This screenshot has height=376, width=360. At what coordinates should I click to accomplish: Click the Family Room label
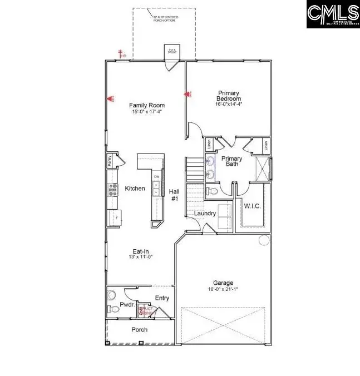click(x=147, y=105)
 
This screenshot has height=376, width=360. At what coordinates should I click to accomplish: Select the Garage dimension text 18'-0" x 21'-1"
click(x=223, y=289)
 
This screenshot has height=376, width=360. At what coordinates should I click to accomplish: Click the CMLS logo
click(x=333, y=14)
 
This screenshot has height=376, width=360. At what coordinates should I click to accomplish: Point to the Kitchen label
click(x=135, y=189)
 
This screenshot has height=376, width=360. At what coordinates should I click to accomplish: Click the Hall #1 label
click(x=174, y=195)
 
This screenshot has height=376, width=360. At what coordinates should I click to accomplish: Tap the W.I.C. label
click(x=253, y=206)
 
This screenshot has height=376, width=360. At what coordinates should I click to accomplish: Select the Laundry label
click(x=204, y=213)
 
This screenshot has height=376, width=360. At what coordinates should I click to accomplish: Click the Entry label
click(x=162, y=298)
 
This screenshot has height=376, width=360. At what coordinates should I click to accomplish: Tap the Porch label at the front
click(x=139, y=330)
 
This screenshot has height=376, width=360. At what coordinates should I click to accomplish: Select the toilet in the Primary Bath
click(x=211, y=192)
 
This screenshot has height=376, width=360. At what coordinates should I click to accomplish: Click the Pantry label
click(x=110, y=161)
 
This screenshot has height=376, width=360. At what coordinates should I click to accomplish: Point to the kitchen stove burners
click(x=113, y=190)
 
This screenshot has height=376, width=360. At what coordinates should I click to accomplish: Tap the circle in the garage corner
click(x=263, y=240)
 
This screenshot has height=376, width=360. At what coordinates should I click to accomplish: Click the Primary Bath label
click(x=231, y=162)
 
